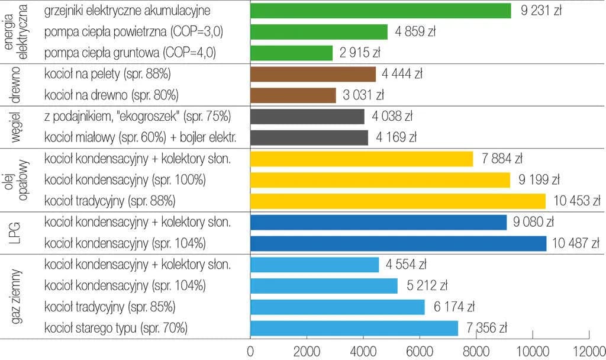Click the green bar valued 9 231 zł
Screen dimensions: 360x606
pos(380,11)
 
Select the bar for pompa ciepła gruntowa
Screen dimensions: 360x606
pos(291,53)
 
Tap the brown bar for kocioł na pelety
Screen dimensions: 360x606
pos(312,74)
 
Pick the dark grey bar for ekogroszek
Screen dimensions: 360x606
pos(307,117)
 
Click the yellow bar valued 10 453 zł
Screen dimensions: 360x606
pos(398,201)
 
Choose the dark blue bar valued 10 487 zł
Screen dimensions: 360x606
pos(398,243)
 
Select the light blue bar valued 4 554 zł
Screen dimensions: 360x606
pos(314,265)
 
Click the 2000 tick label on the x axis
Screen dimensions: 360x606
pos(307,349)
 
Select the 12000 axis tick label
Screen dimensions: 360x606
pos(589,349)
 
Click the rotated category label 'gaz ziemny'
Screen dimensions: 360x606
pos(17,296)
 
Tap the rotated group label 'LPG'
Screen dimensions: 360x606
pos(17,233)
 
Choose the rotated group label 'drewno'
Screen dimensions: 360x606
pos(17,85)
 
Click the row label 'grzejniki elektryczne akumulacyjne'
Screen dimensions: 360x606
pos(127,11)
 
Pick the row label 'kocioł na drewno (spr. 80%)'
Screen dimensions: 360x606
pos(111,95)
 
